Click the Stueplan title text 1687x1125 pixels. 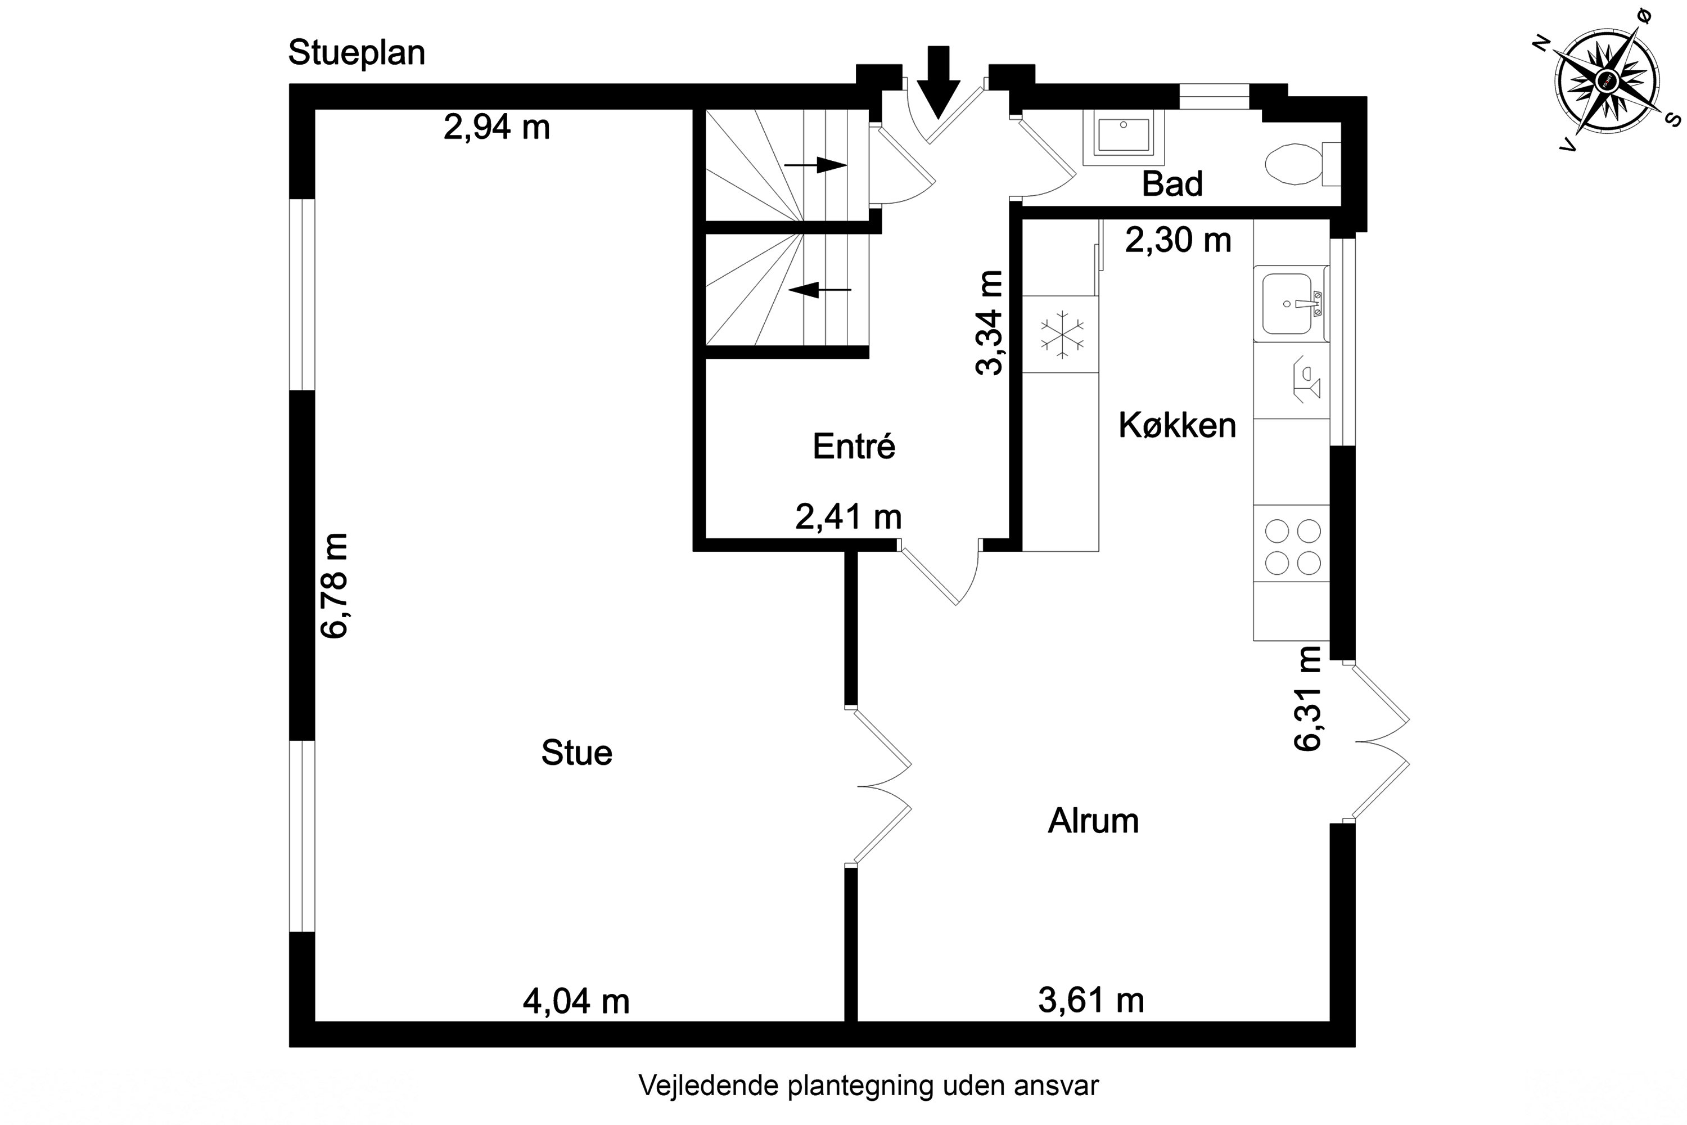357,53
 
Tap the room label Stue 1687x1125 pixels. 577,753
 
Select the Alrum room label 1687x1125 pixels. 1093,821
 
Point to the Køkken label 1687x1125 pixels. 1177,425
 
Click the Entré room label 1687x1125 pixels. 854,446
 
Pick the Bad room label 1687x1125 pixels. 1172,184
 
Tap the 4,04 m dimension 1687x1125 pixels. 576,1001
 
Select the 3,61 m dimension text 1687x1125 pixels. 1091,1000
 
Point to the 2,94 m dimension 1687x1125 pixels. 497,127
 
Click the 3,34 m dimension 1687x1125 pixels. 989,322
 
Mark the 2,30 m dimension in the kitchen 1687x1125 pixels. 1178,240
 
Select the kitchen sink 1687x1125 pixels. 1288,304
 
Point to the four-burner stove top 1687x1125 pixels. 1292,547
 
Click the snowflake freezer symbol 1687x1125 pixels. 1062,334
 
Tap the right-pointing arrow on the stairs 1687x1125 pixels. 817,165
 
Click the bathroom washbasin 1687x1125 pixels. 1123,135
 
